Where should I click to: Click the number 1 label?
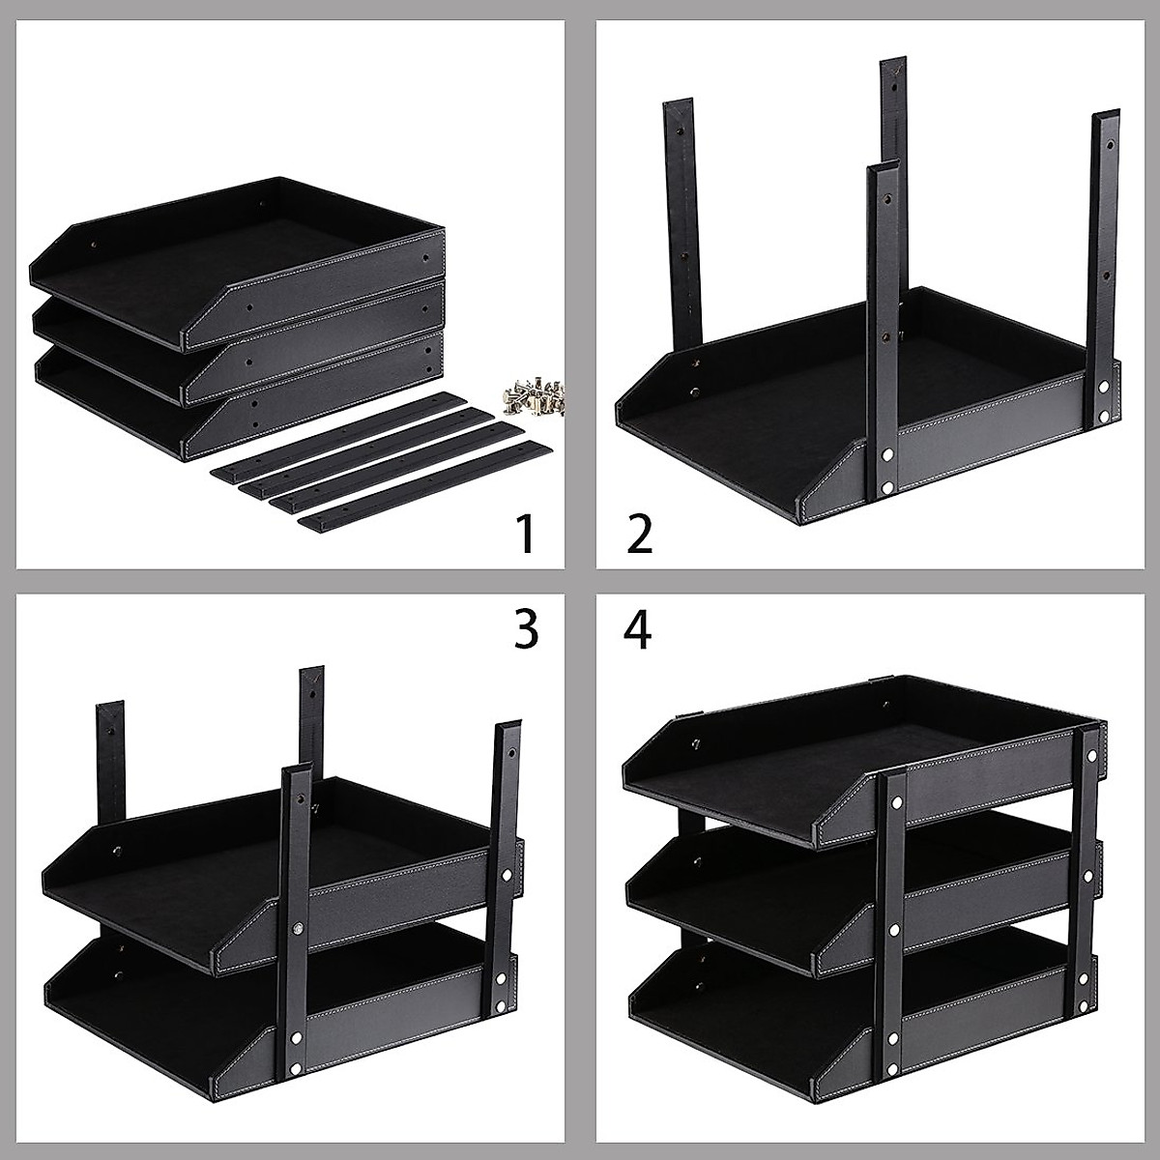point(525,534)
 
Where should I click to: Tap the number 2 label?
point(639,534)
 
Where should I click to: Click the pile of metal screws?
point(531,395)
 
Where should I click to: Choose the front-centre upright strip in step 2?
point(882,329)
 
